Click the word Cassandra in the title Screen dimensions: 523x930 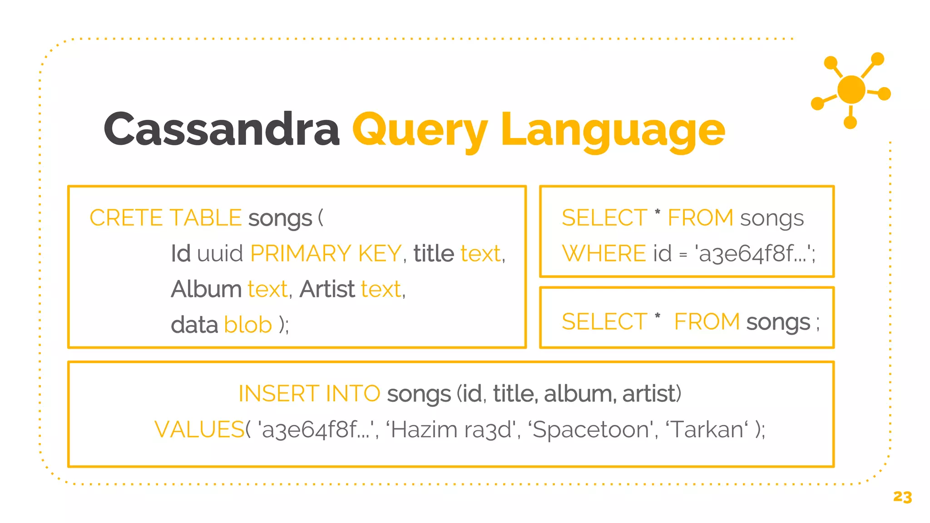click(x=222, y=129)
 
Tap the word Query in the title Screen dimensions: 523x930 click(x=420, y=130)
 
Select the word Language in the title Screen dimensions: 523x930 click(x=613, y=130)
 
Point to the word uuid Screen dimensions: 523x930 click(x=220, y=253)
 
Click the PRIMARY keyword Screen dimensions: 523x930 click(x=301, y=253)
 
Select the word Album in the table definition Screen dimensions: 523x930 click(x=207, y=289)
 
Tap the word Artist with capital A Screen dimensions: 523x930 click(x=327, y=289)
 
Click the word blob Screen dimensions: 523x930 click(x=248, y=325)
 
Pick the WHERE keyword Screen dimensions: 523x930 click(x=604, y=253)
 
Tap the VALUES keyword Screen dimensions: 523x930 click(x=199, y=429)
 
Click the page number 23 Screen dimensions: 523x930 click(x=902, y=497)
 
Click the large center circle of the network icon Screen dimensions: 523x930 click(x=851, y=89)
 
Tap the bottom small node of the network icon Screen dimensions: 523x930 click(x=850, y=122)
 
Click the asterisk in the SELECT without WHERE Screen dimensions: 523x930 click(x=657, y=316)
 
